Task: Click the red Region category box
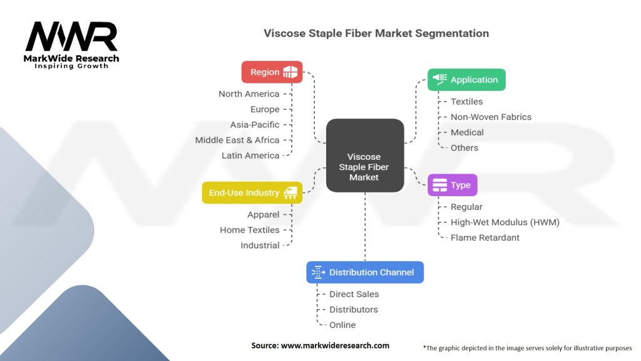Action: click(272, 72)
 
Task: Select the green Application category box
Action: click(466, 80)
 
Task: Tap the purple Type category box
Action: click(452, 185)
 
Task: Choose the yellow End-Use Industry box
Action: click(252, 193)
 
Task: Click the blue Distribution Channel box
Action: click(365, 272)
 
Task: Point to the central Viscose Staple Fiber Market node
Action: click(365, 155)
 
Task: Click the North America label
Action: click(249, 94)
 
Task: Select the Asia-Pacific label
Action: click(255, 125)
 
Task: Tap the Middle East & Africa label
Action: click(237, 140)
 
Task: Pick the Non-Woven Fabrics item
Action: click(491, 117)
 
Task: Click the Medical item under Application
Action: click(467, 132)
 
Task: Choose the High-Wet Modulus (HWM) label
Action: click(505, 222)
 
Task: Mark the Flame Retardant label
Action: click(485, 238)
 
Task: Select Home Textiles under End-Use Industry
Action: click(250, 230)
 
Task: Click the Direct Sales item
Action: click(354, 295)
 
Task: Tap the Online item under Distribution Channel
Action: click(342, 325)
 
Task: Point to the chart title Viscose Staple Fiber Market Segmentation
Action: click(376, 33)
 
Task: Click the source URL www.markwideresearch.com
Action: click(336, 345)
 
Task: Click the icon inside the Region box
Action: click(290, 72)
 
